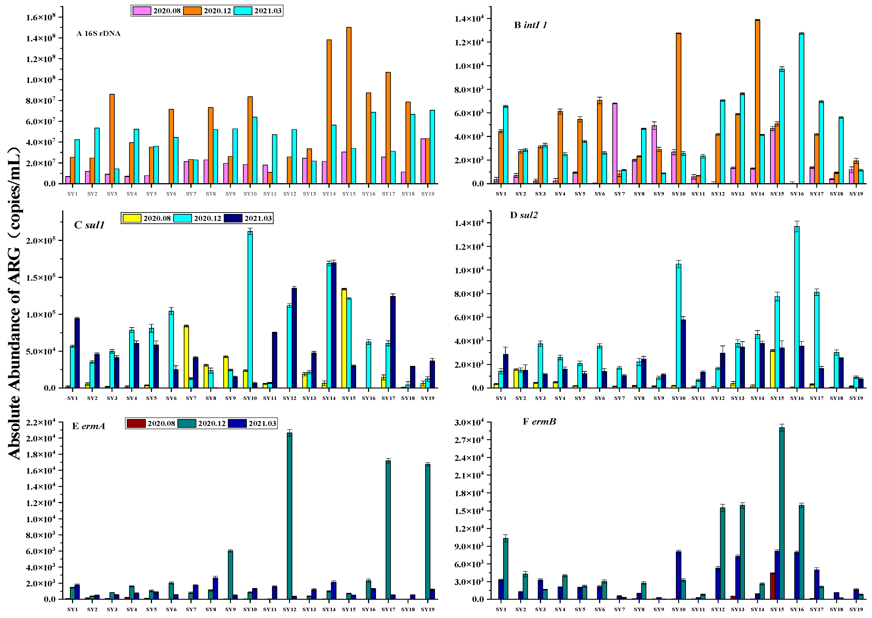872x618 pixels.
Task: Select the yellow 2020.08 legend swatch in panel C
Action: (x=132, y=218)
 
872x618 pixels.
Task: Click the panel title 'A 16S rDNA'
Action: (x=98, y=34)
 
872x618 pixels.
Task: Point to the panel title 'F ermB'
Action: (x=539, y=422)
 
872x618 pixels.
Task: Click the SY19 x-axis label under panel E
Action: (x=428, y=609)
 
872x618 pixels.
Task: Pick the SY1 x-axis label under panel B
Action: (x=501, y=194)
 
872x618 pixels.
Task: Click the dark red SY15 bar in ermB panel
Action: (x=772, y=586)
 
